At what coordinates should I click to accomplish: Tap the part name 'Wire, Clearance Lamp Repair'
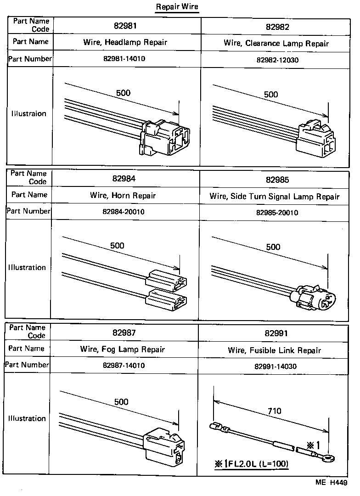point(276,44)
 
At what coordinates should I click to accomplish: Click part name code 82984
point(123,179)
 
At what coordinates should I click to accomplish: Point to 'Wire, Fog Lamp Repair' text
point(122,349)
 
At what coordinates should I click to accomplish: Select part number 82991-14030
point(275,367)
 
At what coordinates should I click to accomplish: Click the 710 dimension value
point(274,411)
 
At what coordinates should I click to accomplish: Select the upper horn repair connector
point(166,282)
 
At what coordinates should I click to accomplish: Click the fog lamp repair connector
point(164,446)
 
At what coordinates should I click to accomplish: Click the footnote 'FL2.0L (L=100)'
point(251,464)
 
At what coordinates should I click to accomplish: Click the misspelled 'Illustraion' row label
point(29,114)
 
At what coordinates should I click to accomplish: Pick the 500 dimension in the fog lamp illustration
point(121,402)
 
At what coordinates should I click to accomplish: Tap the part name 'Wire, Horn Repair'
point(123,196)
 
